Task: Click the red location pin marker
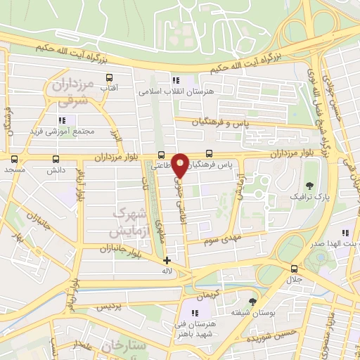[181, 165]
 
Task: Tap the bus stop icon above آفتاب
[109, 77]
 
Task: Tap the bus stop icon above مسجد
[14, 160]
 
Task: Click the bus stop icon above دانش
[56, 160]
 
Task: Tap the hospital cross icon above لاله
[167, 260]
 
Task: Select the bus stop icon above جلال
[294, 268]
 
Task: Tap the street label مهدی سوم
[221, 241]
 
